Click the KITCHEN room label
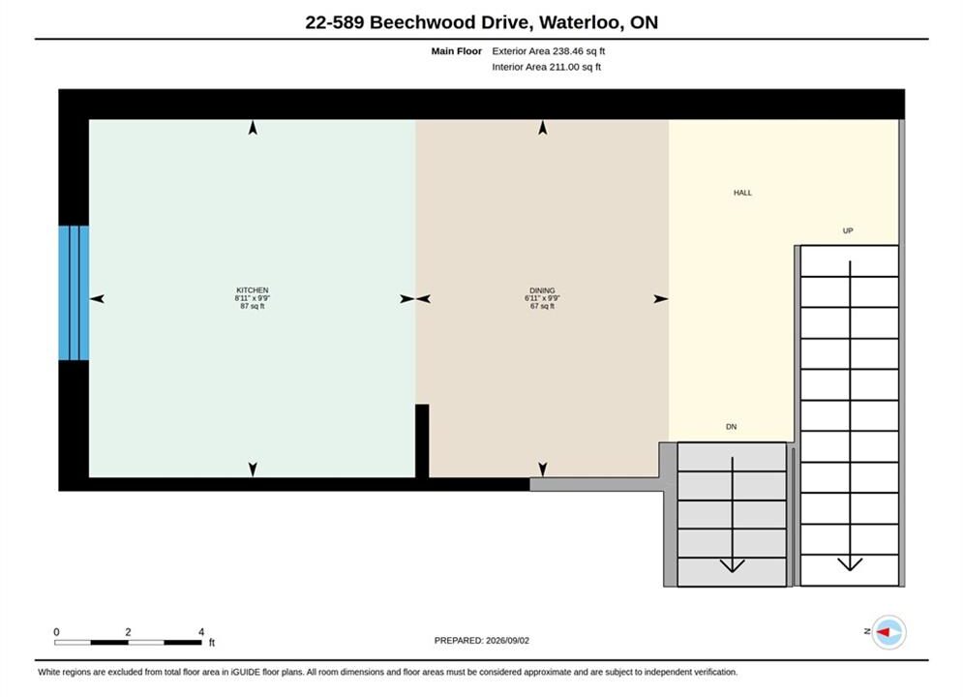[253, 289]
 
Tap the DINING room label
[542, 290]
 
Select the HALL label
[742, 193]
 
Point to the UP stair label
[848, 231]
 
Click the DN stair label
[731, 427]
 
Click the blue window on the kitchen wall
[74, 293]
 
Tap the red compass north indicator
[884, 632]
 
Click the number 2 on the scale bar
[128, 632]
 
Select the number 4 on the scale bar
[201, 632]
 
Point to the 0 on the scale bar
[56, 632]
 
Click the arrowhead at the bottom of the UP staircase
[850, 564]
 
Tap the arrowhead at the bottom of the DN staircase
[732, 565]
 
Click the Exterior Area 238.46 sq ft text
[549, 51]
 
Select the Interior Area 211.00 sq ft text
[547, 67]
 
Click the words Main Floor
[456, 51]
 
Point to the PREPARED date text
[482, 641]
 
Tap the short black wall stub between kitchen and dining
[422, 440]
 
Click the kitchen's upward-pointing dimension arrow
[253, 128]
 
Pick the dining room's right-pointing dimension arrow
[661, 299]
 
